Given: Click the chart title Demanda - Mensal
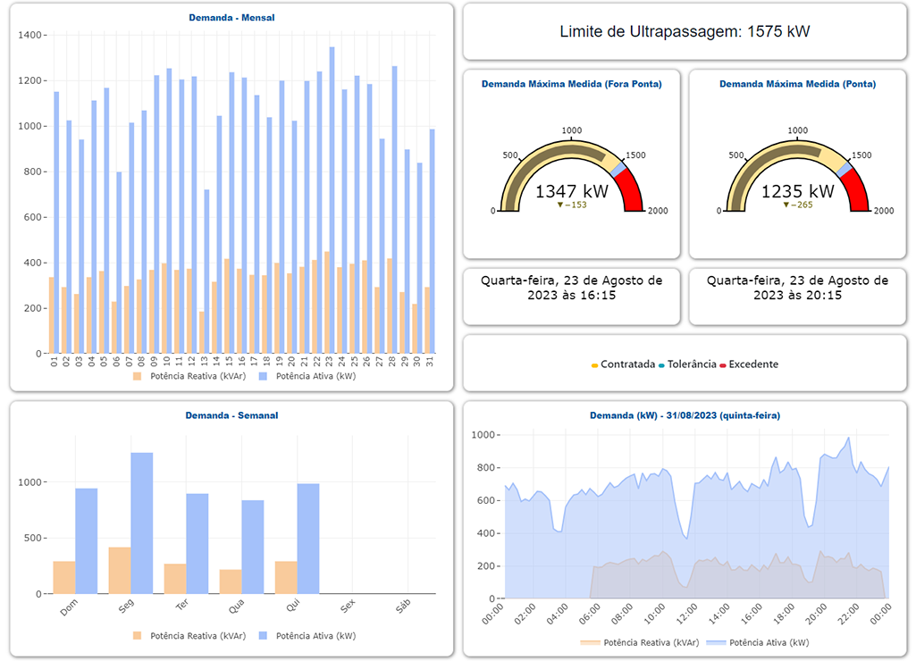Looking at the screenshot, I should (x=231, y=17).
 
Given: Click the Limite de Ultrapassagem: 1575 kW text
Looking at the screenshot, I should (x=685, y=31).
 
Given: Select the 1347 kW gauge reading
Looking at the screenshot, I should (x=571, y=191).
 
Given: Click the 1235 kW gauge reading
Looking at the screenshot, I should (x=797, y=191).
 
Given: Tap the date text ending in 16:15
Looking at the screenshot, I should (x=572, y=287).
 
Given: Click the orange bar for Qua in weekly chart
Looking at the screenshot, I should (x=231, y=582).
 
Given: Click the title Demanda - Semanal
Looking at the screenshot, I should (x=231, y=415).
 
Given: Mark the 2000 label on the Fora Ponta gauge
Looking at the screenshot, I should (x=657, y=211).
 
